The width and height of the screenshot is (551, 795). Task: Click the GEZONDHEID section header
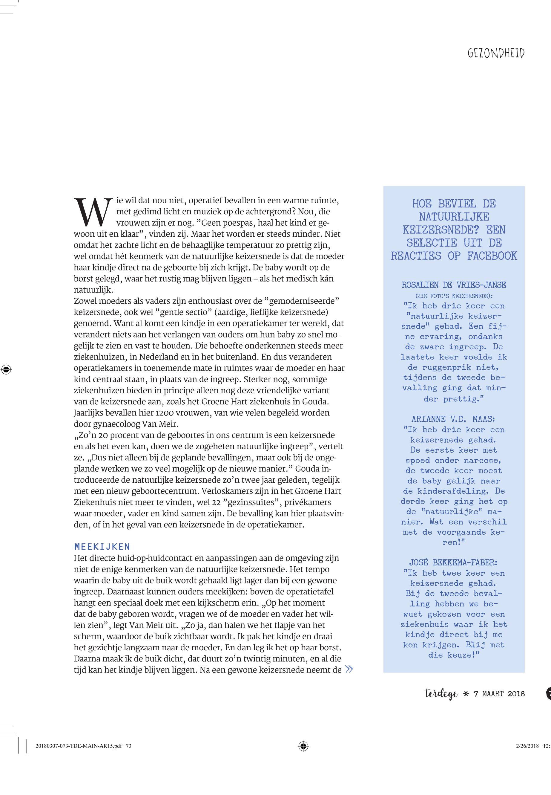pyautogui.click(x=496, y=53)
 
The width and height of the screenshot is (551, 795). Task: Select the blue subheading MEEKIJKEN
pyautogui.click(x=102, y=547)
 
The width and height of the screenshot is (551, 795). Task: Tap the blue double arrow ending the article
pyautogui.click(x=349, y=669)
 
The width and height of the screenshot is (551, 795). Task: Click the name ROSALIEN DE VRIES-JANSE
pyautogui.click(x=454, y=285)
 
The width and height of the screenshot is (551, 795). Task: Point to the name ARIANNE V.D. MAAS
pyautogui.click(x=453, y=419)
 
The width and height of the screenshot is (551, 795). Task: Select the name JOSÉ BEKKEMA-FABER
pyautogui.click(x=453, y=562)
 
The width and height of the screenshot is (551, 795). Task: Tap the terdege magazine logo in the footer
pyautogui.click(x=441, y=693)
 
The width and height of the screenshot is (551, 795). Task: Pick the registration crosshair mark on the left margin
pyautogui.click(x=6, y=370)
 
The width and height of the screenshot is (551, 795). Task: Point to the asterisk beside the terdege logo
pyautogui.click(x=466, y=693)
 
